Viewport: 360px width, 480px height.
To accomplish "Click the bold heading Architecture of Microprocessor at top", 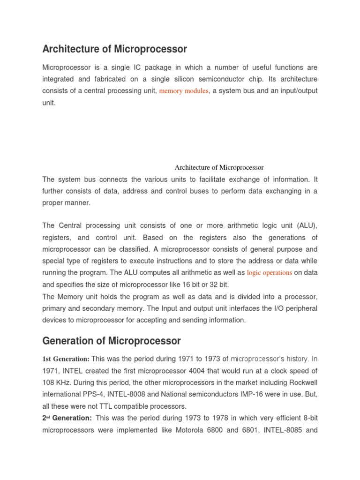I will pos(114,49).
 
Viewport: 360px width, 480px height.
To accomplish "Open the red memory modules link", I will pos(184,91).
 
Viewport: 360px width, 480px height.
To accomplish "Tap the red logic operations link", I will pos(270,272).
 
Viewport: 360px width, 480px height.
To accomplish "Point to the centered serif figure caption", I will pos(219,167).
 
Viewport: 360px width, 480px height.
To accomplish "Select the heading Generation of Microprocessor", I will pos(111,341).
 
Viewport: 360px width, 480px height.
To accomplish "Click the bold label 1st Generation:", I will pos(66,359).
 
